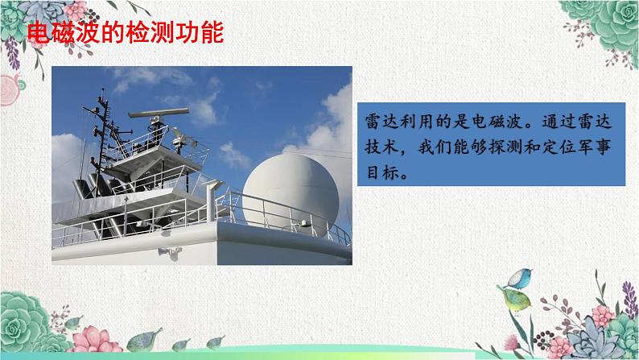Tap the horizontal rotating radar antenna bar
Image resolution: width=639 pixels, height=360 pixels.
click(x=159, y=113)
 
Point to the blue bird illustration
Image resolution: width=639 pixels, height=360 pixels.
click(x=519, y=279)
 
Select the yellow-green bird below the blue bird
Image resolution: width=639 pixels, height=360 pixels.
click(x=515, y=300)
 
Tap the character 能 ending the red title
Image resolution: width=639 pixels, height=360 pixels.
click(x=212, y=32)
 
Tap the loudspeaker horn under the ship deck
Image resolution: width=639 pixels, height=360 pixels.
click(x=170, y=252)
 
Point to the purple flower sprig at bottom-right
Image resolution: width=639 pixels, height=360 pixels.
click(x=629, y=300)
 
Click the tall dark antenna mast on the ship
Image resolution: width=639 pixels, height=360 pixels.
click(x=102, y=134)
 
